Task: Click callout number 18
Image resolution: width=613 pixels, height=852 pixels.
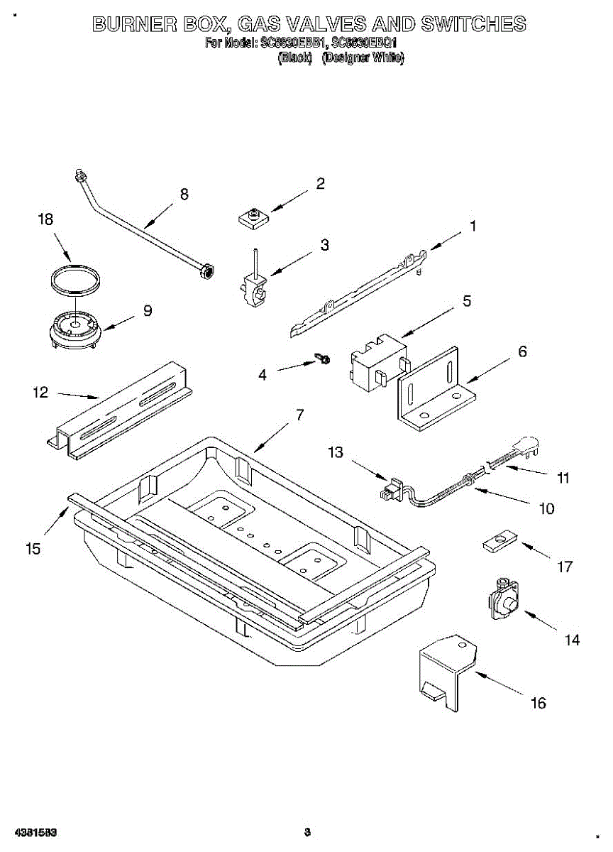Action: click(x=45, y=220)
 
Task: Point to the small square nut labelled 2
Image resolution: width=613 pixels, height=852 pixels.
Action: click(x=252, y=217)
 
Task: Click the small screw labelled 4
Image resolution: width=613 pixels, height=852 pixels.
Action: click(x=324, y=361)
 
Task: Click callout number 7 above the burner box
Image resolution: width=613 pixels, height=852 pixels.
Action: click(x=299, y=415)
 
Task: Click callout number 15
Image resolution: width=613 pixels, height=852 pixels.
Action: click(x=33, y=549)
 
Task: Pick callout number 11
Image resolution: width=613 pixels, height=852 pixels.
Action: click(x=563, y=478)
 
